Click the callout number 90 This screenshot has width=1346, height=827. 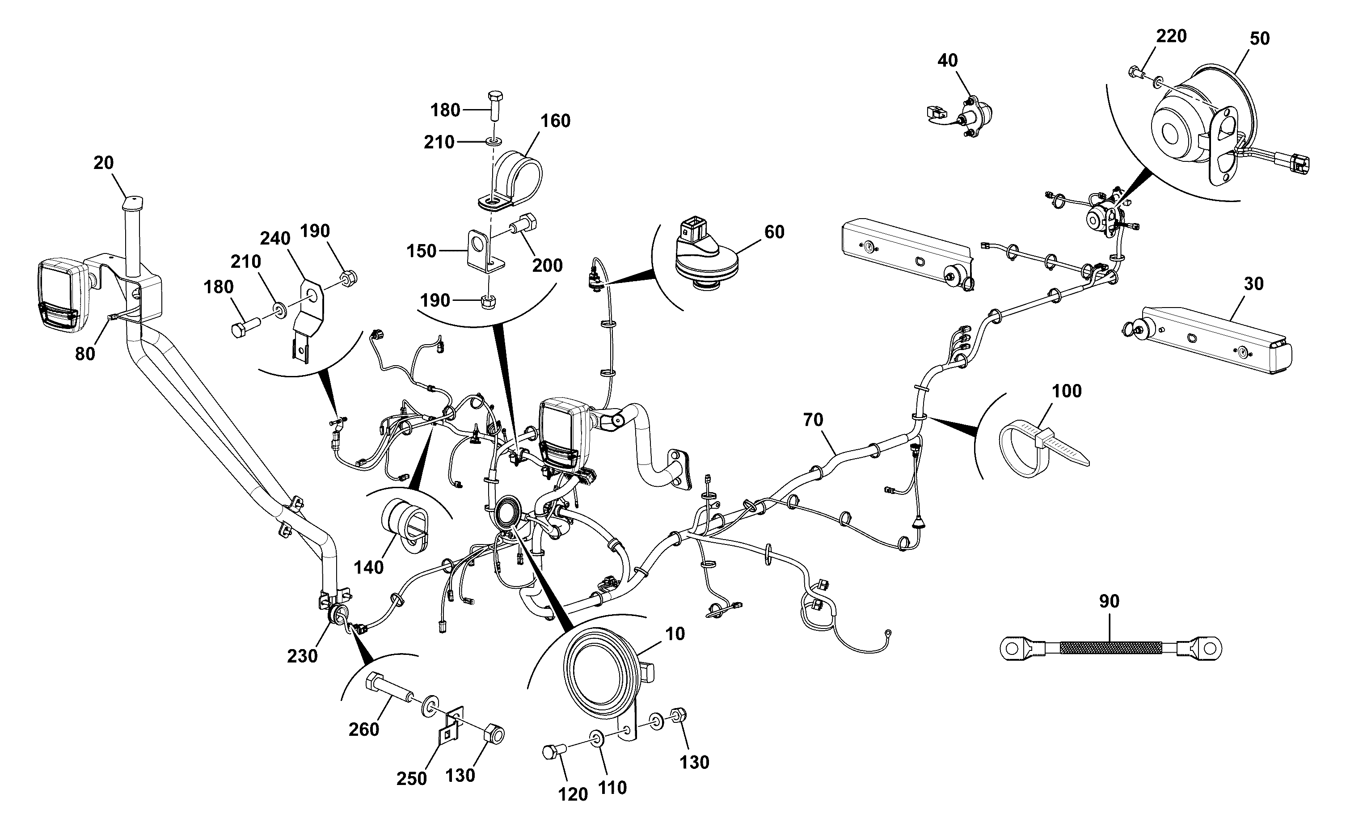click(1109, 602)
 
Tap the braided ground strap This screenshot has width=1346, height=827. click(1110, 648)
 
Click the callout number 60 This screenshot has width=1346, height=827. click(774, 232)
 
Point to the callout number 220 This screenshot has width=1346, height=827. click(1171, 36)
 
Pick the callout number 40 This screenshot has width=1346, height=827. click(948, 60)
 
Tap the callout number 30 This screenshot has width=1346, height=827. click(1253, 284)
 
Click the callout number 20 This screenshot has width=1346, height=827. click(103, 163)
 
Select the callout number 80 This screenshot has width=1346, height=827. click(85, 354)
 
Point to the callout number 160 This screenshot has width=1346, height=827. click(555, 121)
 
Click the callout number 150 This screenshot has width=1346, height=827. click(421, 251)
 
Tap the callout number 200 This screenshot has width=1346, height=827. click(548, 266)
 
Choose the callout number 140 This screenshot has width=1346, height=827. click(369, 568)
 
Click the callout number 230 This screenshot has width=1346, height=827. click(303, 656)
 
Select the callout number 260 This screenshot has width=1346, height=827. click(364, 730)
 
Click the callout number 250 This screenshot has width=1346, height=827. click(411, 778)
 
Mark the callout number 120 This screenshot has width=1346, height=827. click(573, 794)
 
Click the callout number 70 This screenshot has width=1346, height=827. click(813, 420)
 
